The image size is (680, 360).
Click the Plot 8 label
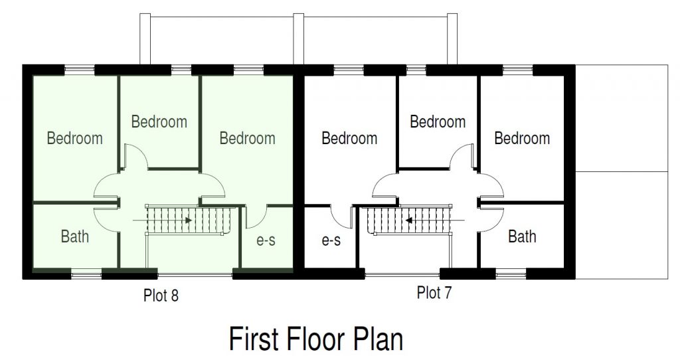coord(161,296)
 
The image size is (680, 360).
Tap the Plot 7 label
coord(434,292)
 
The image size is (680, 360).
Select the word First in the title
coord(254,339)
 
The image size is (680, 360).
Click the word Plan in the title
coord(379,339)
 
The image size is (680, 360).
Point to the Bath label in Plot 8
coord(75,236)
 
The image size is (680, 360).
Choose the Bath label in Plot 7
coord(522,236)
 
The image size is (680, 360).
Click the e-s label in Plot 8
coord(266,240)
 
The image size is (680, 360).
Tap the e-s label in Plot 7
coord(331,240)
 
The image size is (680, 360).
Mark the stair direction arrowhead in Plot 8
coord(189,221)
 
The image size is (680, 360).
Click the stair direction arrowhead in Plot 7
coord(408,221)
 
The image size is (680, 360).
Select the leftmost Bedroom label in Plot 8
coord(75,138)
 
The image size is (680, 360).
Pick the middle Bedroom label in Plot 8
coord(159,122)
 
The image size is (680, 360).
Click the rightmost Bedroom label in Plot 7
coord(522,138)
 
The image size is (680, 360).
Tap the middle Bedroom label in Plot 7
coord(438,122)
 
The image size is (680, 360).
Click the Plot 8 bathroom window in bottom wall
coord(86,274)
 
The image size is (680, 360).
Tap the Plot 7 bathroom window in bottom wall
coord(511,274)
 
